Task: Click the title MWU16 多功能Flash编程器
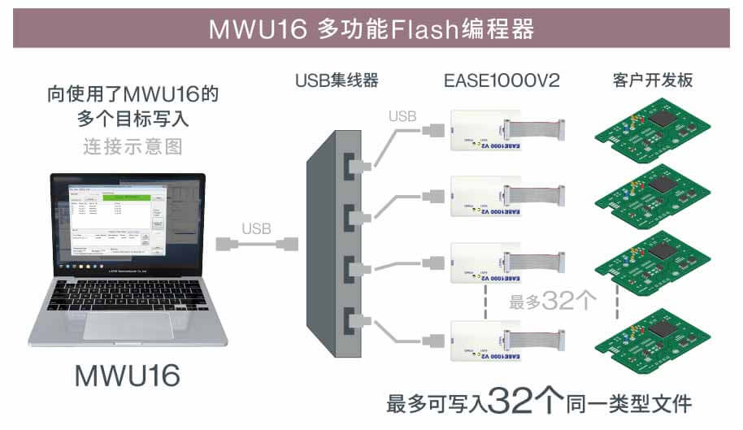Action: [x=371, y=29]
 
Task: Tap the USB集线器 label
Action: [x=337, y=80]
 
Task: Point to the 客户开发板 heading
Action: [x=652, y=80]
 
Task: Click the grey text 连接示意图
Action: [x=133, y=146]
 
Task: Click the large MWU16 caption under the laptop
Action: [x=127, y=375]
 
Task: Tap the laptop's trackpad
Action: [x=128, y=324]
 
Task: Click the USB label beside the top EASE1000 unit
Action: [x=402, y=116]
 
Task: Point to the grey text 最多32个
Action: [x=553, y=301]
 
